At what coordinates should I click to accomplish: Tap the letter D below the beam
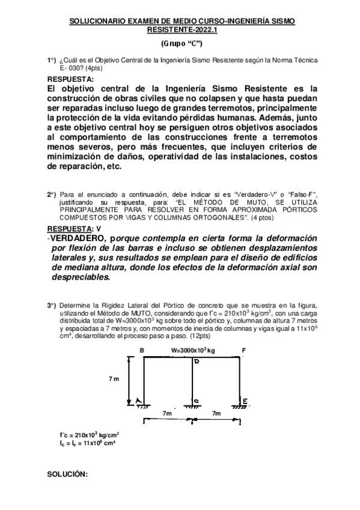[195, 362]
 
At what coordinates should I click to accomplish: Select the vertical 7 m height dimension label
[115, 379]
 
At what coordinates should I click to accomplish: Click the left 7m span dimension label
[168, 414]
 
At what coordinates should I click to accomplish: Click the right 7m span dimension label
[217, 414]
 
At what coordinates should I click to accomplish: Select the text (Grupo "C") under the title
[182, 44]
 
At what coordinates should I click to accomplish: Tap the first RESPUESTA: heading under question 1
[70, 79]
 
